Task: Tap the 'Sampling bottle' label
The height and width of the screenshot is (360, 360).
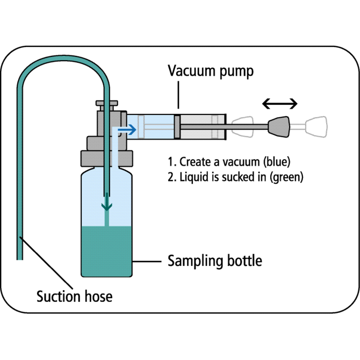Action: pyautogui.click(x=215, y=262)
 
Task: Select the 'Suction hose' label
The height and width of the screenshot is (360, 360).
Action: pyautogui.click(x=74, y=296)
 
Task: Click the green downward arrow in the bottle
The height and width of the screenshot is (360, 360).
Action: pyautogui.click(x=108, y=204)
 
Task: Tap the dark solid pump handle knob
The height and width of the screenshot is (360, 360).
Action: pyautogui.click(x=280, y=127)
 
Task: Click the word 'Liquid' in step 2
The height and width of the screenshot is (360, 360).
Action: pyautogui.click(x=192, y=177)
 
